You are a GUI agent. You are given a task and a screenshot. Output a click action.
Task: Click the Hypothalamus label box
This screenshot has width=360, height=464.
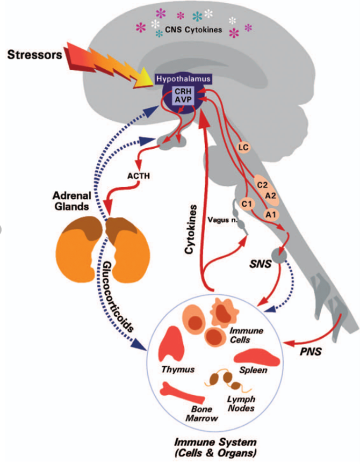point(183,79)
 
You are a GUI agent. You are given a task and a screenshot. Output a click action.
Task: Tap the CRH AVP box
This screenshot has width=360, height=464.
point(183,96)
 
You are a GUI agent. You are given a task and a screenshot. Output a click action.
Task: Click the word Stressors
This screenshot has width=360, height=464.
point(34,55)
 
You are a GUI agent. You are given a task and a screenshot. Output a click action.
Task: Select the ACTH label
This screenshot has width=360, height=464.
point(139,176)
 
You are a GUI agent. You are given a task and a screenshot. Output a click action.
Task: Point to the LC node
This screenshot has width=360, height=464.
point(243,147)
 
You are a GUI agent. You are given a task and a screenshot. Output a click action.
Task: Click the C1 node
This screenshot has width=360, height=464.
point(247,204)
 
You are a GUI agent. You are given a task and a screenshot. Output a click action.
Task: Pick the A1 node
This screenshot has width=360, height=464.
point(271,214)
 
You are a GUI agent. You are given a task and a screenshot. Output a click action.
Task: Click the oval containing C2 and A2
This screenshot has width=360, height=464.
point(267,190)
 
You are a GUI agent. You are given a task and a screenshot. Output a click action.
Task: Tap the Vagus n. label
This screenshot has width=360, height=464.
point(222,220)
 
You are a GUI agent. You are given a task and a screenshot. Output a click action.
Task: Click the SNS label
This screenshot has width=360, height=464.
point(260,264)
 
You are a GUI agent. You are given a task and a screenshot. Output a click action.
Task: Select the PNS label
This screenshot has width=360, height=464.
point(311,352)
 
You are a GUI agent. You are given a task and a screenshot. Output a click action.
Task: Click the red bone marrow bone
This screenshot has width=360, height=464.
point(182,393)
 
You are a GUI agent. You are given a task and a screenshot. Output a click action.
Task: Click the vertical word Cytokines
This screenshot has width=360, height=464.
point(191,229)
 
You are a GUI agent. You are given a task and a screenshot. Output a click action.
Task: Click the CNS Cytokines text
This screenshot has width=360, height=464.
point(193,30)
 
